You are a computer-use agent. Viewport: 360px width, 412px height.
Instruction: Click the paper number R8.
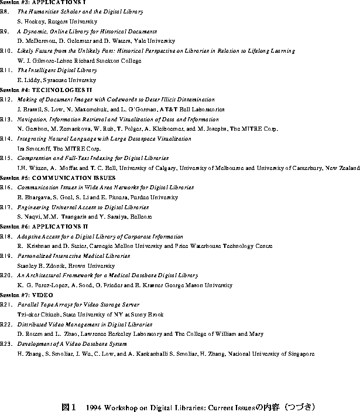5,11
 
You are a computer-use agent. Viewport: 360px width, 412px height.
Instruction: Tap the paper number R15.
6,158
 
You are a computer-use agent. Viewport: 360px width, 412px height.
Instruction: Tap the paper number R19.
6,256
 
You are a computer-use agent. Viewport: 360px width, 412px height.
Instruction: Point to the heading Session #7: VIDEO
27,295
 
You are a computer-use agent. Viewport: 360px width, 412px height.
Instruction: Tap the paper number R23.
6,344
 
